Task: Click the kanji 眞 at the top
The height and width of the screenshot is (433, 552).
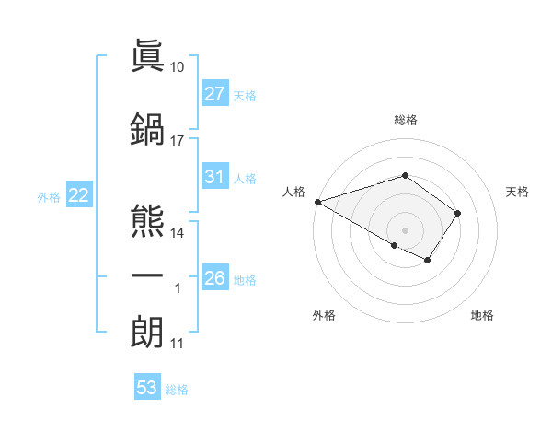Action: pos(147,58)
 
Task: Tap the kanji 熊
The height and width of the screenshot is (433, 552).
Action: pos(147,222)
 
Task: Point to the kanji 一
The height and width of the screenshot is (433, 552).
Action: pos(147,275)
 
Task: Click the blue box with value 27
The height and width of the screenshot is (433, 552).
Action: pos(215,94)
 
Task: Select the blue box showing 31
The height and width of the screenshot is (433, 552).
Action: pos(215,178)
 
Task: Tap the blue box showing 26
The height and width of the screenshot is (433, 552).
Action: pos(215,278)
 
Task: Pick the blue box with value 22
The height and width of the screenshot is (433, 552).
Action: pos(78,195)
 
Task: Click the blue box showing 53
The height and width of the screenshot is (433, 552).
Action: pos(147,388)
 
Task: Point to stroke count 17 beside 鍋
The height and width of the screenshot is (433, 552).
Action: pos(177,140)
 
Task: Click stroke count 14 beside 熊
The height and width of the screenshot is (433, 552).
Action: pos(177,232)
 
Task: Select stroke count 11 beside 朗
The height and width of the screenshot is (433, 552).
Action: pos(177,343)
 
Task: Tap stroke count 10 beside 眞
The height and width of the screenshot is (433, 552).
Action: pos(177,67)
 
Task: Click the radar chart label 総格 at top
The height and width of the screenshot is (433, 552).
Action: pos(405,120)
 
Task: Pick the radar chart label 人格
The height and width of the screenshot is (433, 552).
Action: pos(294,192)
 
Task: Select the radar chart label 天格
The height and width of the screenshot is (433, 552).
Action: pos(517,192)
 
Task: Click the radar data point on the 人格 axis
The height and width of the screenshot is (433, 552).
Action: pos(317,202)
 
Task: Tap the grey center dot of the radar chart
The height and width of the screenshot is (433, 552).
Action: pos(405,229)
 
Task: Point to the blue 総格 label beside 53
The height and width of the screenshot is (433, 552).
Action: pos(177,390)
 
